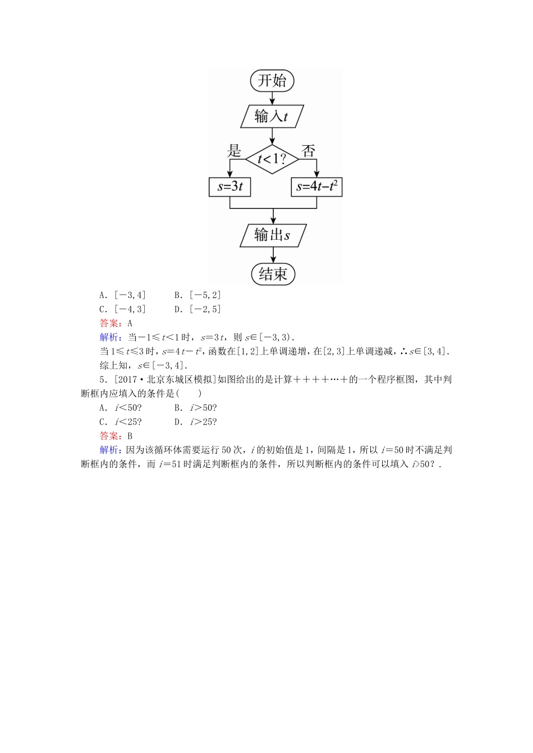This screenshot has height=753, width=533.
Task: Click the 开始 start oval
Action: (272, 81)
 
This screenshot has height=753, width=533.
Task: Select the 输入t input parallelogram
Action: (272, 117)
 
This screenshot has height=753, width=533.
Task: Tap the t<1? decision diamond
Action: (272, 159)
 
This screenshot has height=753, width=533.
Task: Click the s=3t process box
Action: (229, 187)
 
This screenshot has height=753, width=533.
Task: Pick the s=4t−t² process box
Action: (317, 187)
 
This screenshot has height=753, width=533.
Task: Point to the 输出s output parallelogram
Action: (273, 235)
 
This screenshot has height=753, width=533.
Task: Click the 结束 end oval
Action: (273, 274)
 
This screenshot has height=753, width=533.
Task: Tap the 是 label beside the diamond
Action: (234, 151)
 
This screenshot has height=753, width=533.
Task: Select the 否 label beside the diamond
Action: (308, 151)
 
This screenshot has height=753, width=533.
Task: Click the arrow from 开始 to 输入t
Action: (272, 98)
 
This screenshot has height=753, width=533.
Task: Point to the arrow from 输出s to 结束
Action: (273, 255)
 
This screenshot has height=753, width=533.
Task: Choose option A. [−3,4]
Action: (122, 295)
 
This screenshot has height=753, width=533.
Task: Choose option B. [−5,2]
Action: (197, 295)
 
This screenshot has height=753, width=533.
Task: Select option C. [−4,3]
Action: (122, 309)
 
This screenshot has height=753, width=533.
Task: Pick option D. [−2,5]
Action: (197, 309)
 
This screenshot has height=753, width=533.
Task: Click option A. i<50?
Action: (120, 408)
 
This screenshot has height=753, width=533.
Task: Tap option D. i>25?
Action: (195, 422)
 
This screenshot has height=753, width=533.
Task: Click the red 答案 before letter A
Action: (109, 323)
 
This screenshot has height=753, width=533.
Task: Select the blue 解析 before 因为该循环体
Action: (109, 450)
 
